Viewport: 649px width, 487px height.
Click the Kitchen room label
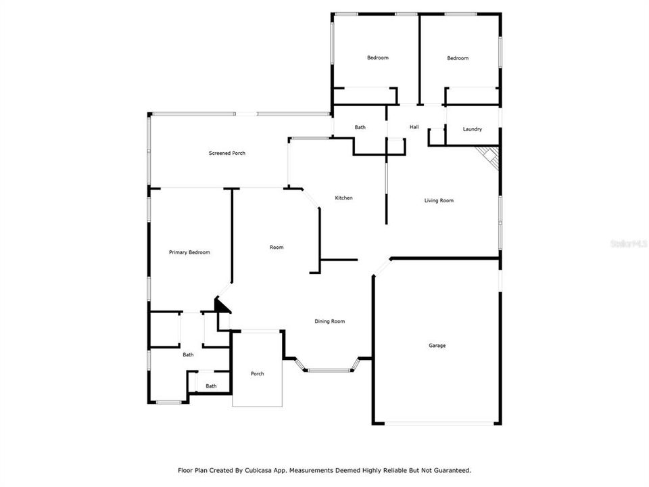(x=344, y=198)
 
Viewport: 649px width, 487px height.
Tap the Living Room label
(x=439, y=200)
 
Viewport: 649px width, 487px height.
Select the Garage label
(x=437, y=346)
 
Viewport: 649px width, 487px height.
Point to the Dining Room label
(x=331, y=321)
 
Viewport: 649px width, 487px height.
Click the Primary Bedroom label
(x=189, y=252)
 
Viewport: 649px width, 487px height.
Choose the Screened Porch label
(x=226, y=154)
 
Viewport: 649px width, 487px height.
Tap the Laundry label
(x=472, y=129)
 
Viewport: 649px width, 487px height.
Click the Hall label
(x=414, y=127)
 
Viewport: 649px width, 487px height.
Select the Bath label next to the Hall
(x=360, y=127)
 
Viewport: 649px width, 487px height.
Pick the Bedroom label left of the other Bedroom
(x=378, y=58)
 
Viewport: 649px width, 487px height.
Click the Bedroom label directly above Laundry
(x=458, y=58)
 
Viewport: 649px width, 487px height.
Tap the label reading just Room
(x=277, y=248)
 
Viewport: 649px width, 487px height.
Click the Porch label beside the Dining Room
(x=257, y=374)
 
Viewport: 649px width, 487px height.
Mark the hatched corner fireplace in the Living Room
(x=489, y=158)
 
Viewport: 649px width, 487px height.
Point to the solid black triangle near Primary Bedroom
(x=222, y=305)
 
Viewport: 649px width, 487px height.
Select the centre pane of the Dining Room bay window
(x=329, y=370)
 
